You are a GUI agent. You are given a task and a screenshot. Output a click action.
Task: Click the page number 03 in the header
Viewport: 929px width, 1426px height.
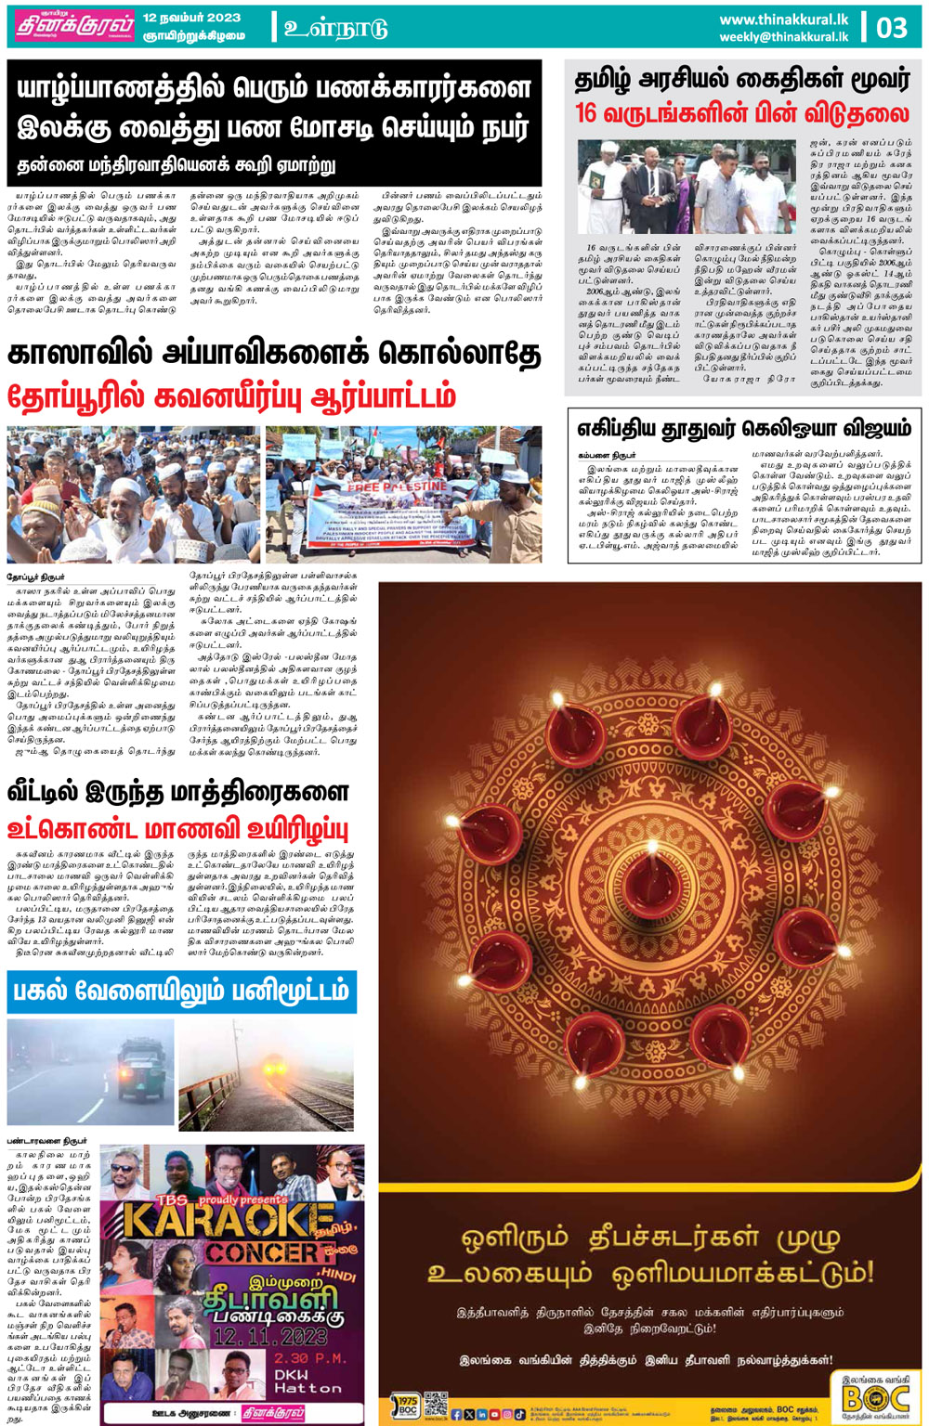pyautogui.click(x=892, y=27)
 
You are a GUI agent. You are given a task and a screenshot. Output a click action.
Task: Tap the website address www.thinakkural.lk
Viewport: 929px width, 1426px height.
pyautogui.click(x=783, y=19)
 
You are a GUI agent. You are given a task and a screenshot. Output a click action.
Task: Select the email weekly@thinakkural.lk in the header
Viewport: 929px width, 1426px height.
pyautogui.click(x=783, y=37)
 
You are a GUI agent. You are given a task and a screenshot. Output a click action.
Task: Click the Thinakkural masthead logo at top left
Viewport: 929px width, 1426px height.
pyautogui.click(x=73, y=27)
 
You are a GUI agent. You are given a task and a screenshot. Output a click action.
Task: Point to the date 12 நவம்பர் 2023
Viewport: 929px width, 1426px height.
pyautogui.click(x=191, y=18)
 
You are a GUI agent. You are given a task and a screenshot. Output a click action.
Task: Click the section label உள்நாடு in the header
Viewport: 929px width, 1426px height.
pyautogui.click(x=335, y=28)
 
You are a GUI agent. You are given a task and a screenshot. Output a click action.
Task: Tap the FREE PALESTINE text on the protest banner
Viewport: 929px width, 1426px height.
pyautogui.click(x=398, y=486)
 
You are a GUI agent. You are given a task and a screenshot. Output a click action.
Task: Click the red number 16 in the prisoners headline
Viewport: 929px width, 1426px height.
pyautogui.click(x=586, y=114)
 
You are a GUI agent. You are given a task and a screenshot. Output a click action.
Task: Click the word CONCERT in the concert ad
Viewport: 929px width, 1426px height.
pyautogui.click(x=264, y=1252)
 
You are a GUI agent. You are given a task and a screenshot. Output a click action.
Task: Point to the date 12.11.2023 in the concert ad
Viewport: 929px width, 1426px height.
pyautogui.click(x=269, y=1337)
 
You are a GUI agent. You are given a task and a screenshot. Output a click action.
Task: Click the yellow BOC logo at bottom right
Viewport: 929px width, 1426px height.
pyautogui.click(x=875, y=1394)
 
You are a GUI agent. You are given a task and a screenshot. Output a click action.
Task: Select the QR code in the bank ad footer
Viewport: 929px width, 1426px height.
pyautogui.click(x=435, y=1404)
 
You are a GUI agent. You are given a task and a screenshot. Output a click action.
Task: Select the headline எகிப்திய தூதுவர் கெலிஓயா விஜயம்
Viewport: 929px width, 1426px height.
pyautogui.click(x=744, y=428)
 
